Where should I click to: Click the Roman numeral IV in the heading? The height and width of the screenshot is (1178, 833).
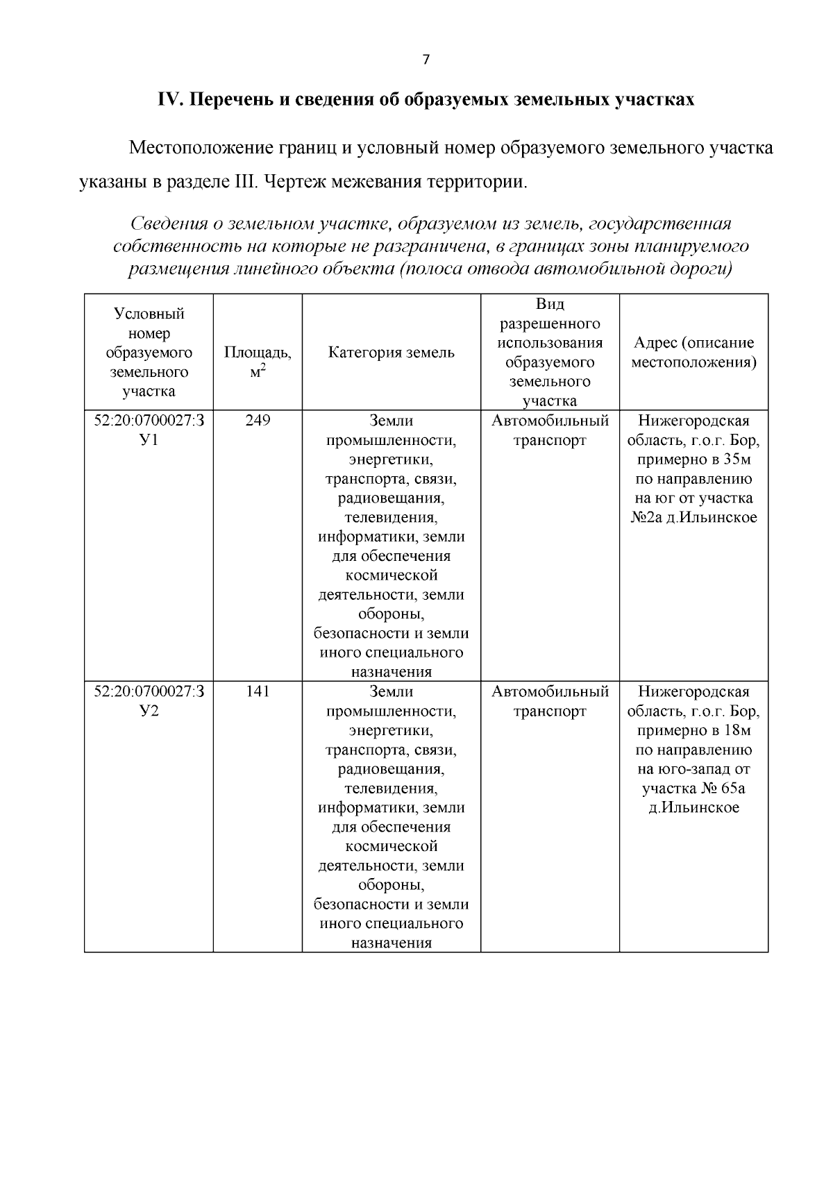pos(169,99)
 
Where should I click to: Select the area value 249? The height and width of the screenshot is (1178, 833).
pos(258,421)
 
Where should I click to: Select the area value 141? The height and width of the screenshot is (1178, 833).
pos(258,691)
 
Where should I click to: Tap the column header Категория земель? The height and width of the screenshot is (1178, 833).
pos(391,353)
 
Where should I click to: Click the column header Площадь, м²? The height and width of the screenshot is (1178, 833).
pos(258,362)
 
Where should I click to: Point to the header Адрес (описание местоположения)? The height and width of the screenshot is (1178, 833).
pos(693,353)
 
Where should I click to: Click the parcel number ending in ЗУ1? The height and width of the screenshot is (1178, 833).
pos(149,430)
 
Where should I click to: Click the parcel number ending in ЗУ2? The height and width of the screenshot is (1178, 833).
pos(149,701)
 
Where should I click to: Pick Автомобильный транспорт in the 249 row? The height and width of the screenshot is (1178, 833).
pos(550,430)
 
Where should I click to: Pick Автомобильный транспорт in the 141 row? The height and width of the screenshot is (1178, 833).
pos(550,701)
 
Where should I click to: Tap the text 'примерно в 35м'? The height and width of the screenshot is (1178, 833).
pos(693,460)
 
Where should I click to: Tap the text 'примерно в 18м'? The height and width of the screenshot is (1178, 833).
pos(693,730)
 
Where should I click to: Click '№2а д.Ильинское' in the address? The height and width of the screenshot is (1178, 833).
pos(693,518)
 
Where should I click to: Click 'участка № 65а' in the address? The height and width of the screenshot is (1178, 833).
pos(693,789)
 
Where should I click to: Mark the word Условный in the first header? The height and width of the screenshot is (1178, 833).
pos(149,314)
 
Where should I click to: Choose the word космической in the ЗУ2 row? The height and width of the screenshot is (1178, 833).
pos(391,847)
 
